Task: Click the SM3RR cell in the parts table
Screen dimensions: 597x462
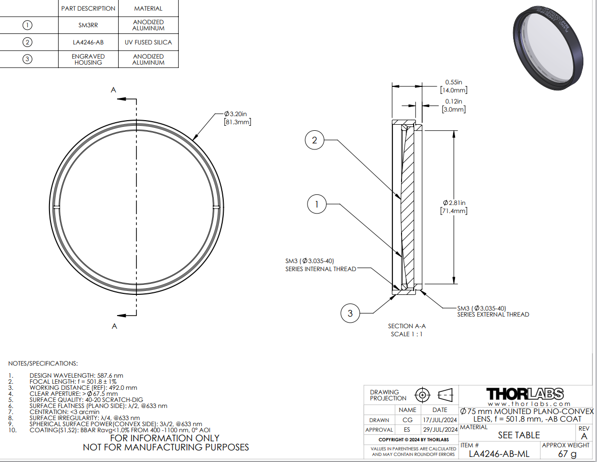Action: click(88, 25)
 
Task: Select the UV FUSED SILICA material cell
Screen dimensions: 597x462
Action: click(148, 42)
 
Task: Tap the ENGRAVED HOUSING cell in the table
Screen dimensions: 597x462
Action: click(88, 60)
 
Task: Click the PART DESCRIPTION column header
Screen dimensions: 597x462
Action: click(88, 9)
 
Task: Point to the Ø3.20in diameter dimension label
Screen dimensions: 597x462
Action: click(237, 118)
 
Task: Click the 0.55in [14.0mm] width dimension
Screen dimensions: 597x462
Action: click(454, 86)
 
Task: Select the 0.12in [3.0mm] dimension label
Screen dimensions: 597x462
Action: click(454, 106)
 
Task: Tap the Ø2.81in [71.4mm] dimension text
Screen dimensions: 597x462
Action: click(454, 207)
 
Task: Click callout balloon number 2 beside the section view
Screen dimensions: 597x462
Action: click(315, 140)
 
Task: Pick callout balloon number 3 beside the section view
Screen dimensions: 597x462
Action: click(350, 313)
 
